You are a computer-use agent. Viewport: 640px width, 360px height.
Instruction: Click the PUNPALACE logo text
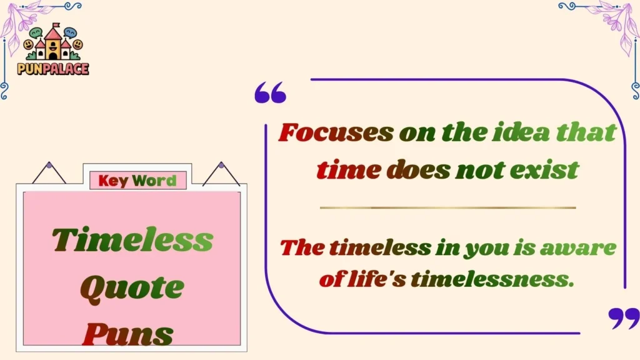click(52, 68)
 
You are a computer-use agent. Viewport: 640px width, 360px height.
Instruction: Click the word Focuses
click(336, 132)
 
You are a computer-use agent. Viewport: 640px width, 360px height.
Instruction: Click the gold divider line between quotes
click(447, 207)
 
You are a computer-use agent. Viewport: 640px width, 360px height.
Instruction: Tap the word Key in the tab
click(113, 181)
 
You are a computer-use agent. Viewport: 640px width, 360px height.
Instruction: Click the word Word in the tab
click(154, 181)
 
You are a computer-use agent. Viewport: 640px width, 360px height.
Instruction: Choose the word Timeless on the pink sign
click(132, 240)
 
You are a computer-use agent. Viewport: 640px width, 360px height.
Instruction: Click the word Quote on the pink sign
click(132, 288)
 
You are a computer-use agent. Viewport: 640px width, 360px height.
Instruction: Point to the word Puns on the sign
click(127, 334)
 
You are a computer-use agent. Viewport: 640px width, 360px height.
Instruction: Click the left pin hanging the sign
click(49, 166)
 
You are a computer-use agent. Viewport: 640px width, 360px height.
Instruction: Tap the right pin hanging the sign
click(221, 166)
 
